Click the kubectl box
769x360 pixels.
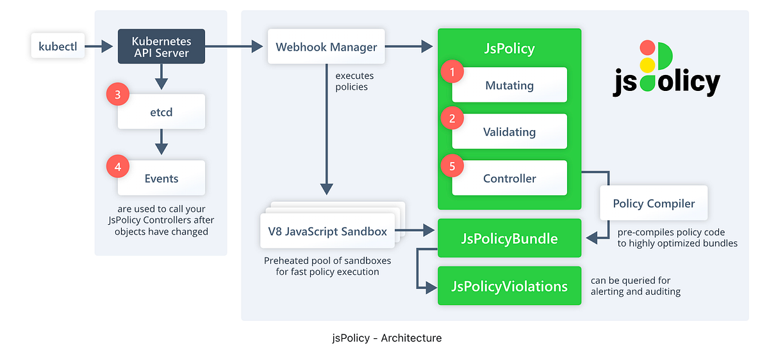point(58,46)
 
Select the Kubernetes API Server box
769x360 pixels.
point(161,46)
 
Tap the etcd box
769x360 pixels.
point(161,112)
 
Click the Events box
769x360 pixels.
point(161,178)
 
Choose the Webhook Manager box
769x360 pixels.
point(326,47)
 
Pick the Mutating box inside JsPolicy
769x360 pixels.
point(509,85)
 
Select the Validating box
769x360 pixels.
point(509,132)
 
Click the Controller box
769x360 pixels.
point(509,179)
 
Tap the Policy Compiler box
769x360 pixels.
point(654,204)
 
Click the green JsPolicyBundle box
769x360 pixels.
point(509,239)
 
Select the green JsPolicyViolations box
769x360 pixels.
point(509,286)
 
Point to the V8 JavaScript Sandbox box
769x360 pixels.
point(327,231)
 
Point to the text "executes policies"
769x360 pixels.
point(354,81)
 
